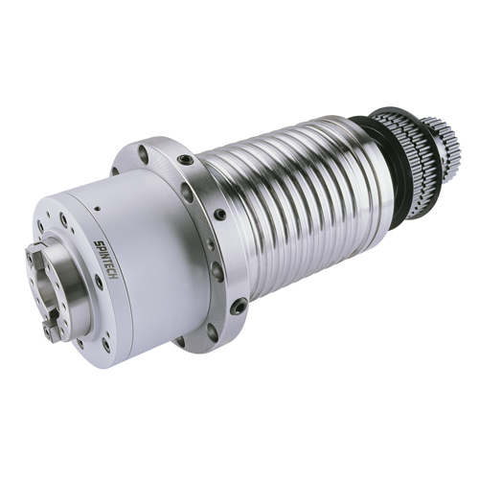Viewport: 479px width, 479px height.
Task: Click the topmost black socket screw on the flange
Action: (184, 160)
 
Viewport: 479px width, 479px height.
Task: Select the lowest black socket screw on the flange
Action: (237, 307)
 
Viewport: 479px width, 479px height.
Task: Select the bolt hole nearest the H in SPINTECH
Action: (99, 283)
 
